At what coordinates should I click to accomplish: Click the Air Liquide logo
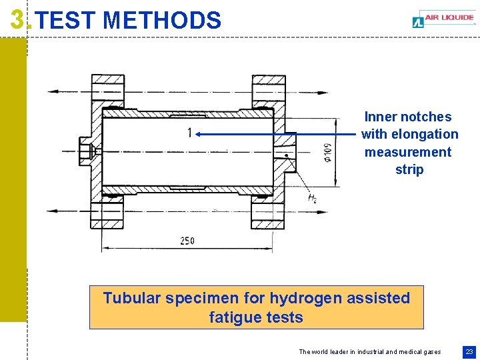[443, 20]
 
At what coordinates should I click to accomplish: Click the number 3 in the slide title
[19, 20]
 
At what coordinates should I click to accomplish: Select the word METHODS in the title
[163, 21]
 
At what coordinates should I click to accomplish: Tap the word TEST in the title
[66, 21]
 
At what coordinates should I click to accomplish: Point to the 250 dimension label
[187, 240]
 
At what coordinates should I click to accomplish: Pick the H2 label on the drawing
[312, 198]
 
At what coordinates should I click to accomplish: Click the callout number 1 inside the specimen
[189, 133]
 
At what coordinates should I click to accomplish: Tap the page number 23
[469, 351]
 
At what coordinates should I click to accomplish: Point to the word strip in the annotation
[409, 169]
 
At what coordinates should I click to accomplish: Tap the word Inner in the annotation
[381, 117]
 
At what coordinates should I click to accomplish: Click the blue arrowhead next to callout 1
[199, 134]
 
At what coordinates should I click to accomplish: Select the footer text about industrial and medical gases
[369, 351]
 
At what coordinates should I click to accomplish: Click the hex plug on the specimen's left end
[85, 151]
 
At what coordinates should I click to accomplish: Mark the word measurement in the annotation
[408, 152]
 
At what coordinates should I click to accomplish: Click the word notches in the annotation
[426, 117]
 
